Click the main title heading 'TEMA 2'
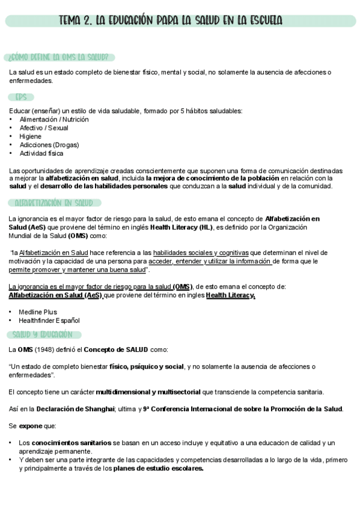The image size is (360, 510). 170,21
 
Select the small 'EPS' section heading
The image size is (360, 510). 21,97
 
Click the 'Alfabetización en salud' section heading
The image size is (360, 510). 53,203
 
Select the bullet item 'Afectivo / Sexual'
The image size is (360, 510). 44,128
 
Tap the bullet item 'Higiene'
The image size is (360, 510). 30,137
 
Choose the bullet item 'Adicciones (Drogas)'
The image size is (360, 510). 49,145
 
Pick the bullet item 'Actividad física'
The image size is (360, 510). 41,153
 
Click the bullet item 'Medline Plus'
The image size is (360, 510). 38,312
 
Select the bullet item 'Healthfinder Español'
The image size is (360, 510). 49,321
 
